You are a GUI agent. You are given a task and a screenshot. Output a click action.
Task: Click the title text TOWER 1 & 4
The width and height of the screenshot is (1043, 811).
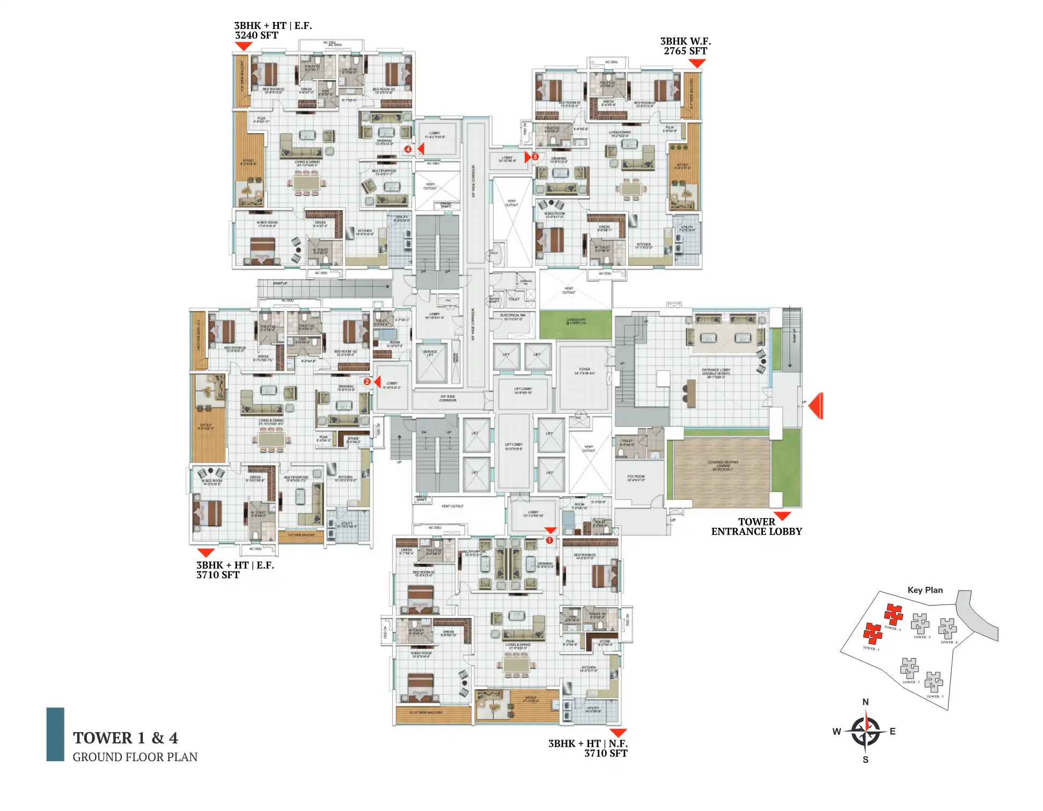(126, 738)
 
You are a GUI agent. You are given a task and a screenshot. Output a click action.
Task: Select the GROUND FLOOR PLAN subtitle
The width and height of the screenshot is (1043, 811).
(135, 757)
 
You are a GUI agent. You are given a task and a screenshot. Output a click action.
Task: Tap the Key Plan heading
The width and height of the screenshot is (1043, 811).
(925, 590)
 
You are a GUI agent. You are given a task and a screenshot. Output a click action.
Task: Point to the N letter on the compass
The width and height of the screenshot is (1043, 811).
(865, 702)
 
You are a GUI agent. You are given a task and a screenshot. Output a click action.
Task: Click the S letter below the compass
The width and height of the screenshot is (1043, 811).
(865, 760)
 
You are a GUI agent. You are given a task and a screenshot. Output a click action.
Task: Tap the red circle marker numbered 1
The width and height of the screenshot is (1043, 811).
(549, 540)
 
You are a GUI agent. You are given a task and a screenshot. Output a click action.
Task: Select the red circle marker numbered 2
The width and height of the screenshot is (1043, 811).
(367, 382)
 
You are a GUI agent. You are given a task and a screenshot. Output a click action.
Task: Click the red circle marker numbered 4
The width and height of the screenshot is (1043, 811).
(408, 149)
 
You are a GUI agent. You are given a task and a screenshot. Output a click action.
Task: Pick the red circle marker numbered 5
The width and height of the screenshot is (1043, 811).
(535, 157)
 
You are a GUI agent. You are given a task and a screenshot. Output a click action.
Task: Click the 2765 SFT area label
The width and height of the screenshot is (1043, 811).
(685, 51)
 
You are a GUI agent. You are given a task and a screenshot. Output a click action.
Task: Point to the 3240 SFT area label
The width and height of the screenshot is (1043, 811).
(256, 35)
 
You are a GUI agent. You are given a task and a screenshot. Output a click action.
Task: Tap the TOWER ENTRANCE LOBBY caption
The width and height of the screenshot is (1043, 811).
(756, 527)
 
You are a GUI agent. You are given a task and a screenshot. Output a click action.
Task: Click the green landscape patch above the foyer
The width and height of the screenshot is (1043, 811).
(575, 325)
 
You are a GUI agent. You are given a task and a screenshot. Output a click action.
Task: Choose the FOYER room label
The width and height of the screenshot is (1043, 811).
(584, 370)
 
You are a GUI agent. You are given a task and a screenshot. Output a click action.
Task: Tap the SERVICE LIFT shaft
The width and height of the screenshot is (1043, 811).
(431, 362)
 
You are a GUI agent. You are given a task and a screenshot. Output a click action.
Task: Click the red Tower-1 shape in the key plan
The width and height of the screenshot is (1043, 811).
(872, 633)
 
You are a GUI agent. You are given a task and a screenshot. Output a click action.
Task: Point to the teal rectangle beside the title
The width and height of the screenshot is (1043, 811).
(55, 734)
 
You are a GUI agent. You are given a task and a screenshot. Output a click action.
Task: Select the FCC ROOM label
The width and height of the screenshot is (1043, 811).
(636, 477)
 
